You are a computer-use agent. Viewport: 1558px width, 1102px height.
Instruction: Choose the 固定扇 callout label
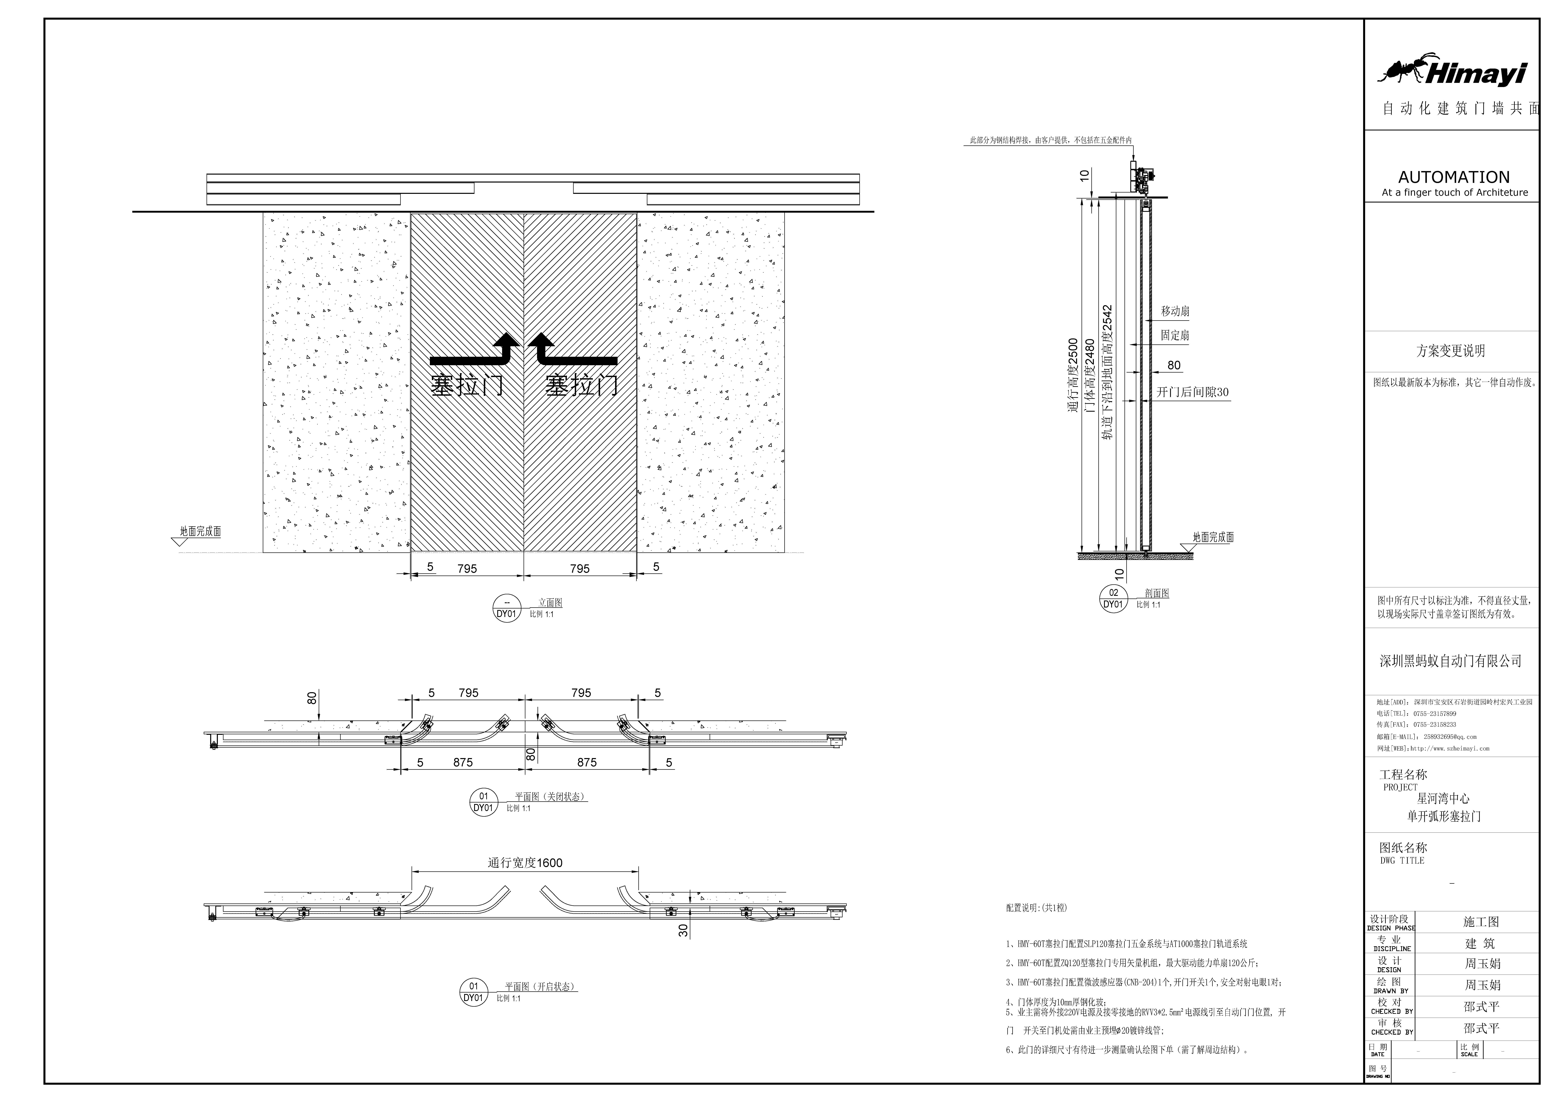click(x=1175, y=335)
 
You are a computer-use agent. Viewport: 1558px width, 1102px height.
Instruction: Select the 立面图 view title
click(x=550, y=602)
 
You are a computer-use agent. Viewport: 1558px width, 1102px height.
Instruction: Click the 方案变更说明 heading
click(x=1451, y=351)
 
